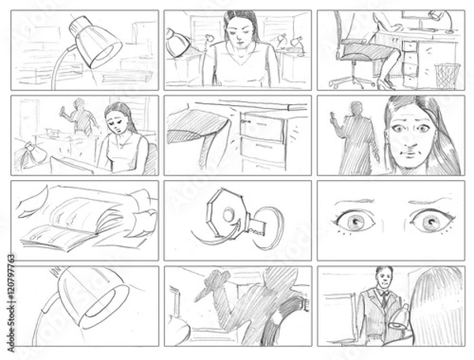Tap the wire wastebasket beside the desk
point(446,75)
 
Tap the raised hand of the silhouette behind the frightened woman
point(335,121)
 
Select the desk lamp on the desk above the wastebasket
point(437,19)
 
